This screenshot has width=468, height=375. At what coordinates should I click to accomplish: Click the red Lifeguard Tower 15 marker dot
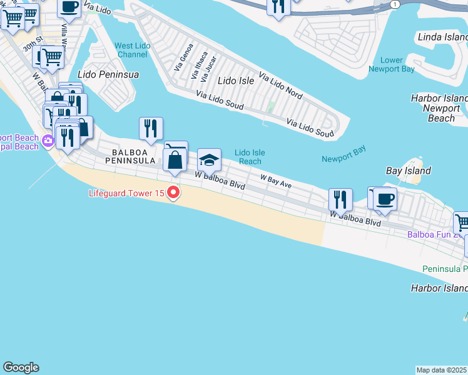coord(173,193)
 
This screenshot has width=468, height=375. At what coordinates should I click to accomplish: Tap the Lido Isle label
coord(235,81)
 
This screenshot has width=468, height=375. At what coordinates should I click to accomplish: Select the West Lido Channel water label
coord(131,50)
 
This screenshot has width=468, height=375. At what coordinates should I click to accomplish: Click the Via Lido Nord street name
coord(280,87)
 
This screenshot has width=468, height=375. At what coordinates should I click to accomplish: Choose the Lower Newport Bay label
coord(392,65)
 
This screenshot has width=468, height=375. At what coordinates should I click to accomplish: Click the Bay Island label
coord(408,171)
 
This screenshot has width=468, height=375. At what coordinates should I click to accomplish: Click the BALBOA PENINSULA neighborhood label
coord(133,156)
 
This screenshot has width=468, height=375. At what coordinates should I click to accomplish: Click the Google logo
coord(21,367)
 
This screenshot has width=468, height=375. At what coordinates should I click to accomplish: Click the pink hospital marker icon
coord(48,142)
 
